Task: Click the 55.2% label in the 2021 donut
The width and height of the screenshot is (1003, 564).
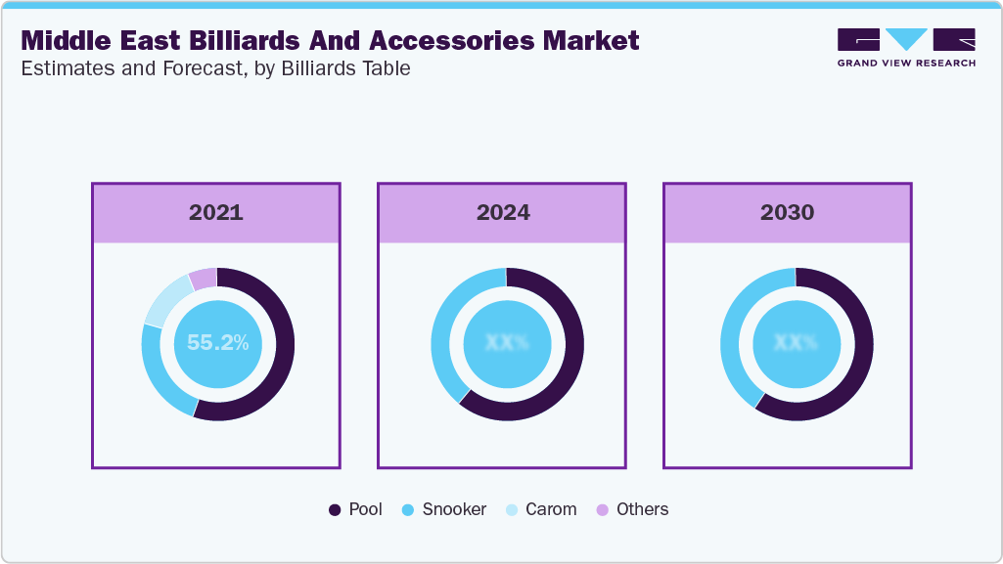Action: [217, 343]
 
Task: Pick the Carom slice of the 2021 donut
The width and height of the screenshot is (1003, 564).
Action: [165, 298]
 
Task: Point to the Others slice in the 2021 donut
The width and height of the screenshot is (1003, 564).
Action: [203, 278]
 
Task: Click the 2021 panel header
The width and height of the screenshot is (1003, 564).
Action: [216, 212]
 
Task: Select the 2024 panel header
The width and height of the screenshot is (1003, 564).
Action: [501, 212]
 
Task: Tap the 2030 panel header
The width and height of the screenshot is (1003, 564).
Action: [787, 212]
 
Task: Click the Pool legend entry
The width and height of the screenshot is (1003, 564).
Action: [356, 509]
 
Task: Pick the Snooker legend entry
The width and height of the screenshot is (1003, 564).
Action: [444, 509]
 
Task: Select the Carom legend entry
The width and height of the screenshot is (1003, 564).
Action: [541, 509]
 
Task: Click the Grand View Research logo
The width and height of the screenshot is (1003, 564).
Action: [905, 47]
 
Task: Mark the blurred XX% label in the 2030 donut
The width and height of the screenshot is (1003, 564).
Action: [796, 343]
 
